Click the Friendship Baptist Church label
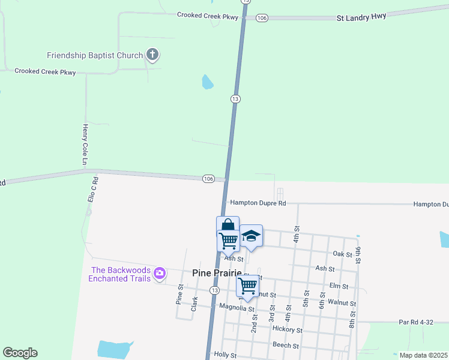(95, 56)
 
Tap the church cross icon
(152, 56)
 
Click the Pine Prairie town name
(217, 273)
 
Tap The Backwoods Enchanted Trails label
(119, 274)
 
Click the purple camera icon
(159, 274)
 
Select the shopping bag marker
(228, 226)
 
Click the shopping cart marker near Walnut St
(247, 286)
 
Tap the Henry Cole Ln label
(85, 145)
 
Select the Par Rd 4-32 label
(416, 322)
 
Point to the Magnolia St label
(234, 307)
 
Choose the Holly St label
(226, 355)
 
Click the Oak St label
(342, 254)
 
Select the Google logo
(20, 353)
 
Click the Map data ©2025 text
(423, 355)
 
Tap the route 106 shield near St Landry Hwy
(261, 19)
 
